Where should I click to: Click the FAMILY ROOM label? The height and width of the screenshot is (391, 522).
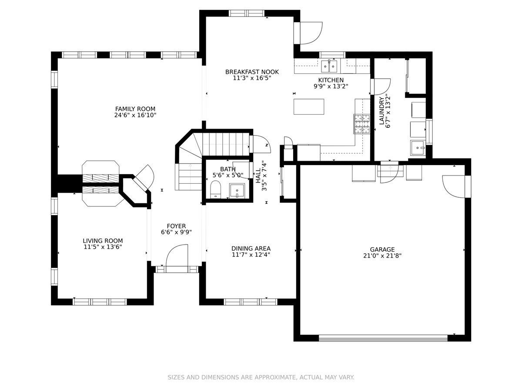coord(135,109)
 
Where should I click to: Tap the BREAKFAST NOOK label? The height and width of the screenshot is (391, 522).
coord(252,72)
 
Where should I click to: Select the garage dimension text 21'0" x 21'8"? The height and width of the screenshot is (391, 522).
coord(382,255)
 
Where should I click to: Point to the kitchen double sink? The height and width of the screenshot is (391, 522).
coord(329,66)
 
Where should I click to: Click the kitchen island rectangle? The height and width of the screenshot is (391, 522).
coord(309,106)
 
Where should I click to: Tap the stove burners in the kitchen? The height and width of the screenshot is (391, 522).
coord(362,124)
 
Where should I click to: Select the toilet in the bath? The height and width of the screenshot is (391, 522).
coord(215,189)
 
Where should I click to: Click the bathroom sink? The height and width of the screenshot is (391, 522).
coord(237,190)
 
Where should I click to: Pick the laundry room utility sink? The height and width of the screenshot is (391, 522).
coord(418,147)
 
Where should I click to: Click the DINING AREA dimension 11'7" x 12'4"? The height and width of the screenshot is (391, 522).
coord(251,255)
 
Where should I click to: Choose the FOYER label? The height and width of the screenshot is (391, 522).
coord(176,226)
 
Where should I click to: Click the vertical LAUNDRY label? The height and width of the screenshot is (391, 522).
coord(381,111)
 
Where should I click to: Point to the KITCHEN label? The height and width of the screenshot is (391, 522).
coord(331,80)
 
